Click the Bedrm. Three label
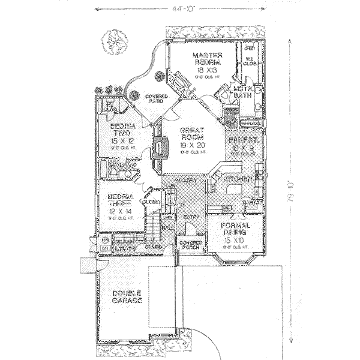coord(120,200)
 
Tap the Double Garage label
coord(127,296)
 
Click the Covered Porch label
coord(191,245)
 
